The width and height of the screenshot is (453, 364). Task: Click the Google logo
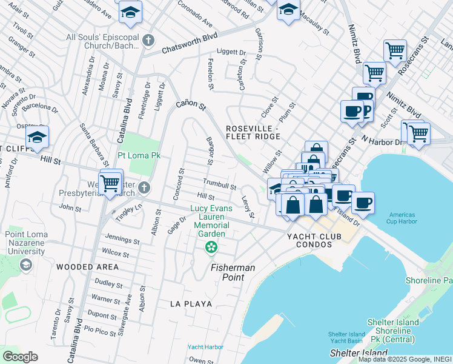click(x=20, y=357)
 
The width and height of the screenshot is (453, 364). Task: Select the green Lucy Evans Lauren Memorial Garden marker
click(x=211, y=247)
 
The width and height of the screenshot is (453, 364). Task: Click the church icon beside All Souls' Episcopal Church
click(x=149, y=41)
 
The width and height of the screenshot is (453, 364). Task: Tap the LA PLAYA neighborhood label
click(x=191, y=303)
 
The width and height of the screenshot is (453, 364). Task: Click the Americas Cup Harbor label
click(x=402, y=219)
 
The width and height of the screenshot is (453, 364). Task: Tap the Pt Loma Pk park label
click(x=139, y=156)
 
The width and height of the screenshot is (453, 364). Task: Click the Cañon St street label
click(x=191, y=105)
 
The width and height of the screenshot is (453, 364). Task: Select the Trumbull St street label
click(x=219, y=184)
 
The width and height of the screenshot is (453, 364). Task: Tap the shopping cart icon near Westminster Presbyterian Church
click(x=110, y=182)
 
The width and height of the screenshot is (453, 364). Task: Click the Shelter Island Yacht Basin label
click(x=346, y=337)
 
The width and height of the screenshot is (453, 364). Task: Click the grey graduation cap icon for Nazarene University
click(x=25, y=265)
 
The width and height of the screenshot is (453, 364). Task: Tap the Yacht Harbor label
click(x=204, y=347)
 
